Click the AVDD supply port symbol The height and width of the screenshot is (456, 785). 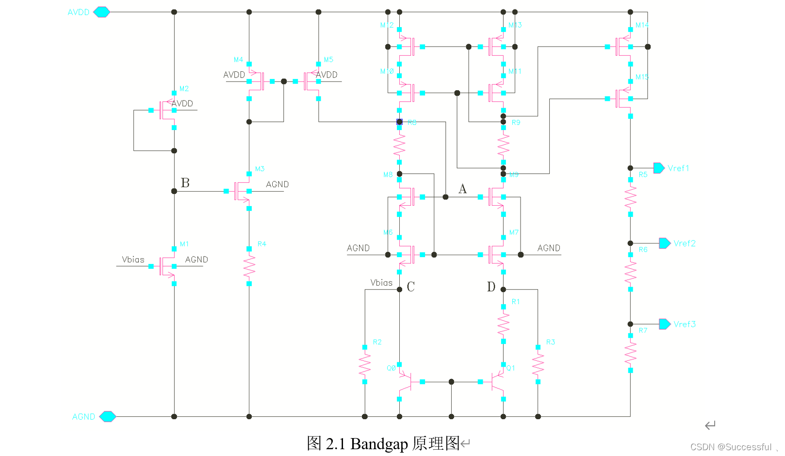click(x=101, y=12)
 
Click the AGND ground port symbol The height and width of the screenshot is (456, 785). click(x=107, y=416)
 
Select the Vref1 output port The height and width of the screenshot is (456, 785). click(x=659, y=168)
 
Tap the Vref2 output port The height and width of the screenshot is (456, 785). click(x=665, y=243)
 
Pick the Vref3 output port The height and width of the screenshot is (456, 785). click(x=665, y=324)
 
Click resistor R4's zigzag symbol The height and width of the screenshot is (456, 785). click(x=249, y=266)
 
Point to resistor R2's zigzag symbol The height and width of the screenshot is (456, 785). click(x=365, y=364)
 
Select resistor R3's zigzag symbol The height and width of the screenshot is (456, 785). click(x=538, y=364)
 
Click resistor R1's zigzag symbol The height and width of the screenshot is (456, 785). click(x=503, y=324)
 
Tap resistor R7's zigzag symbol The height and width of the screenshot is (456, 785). click(x=630, y=353)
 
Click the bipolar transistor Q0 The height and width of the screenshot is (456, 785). click(x=406, y=382)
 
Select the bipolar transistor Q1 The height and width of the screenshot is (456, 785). click(x=498, y=382)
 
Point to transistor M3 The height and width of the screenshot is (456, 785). click(x=242, y=191)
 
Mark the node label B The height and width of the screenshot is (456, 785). click(x=185, y=183)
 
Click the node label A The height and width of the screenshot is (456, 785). click(x=462, y=189)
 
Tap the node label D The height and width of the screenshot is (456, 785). click(x=491, y=287)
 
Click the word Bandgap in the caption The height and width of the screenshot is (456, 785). click(x=379, y=443)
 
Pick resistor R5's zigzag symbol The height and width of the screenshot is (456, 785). click(x=630, y=197)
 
